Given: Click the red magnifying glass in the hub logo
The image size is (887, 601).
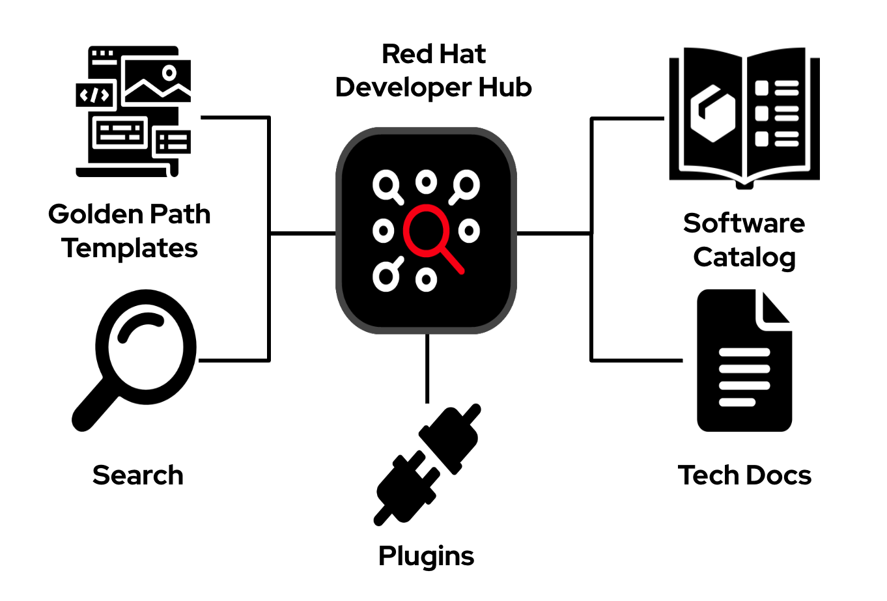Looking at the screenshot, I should click(429, 233).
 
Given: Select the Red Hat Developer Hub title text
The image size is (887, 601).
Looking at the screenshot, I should click(433, 71).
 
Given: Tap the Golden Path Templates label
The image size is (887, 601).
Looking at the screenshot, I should click(130, 231).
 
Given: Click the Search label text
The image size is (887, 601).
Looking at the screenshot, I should click(137, 475).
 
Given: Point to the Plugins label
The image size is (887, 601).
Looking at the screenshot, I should click(426, 556).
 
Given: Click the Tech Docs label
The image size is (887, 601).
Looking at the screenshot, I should click(744, 475).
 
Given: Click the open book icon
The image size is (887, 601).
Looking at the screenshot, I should click(744, 117).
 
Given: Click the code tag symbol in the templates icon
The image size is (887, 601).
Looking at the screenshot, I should click(95, 96).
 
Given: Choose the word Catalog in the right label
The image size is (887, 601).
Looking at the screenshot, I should click(744, 257).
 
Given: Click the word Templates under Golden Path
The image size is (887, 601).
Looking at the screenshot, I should click(130, 248).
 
